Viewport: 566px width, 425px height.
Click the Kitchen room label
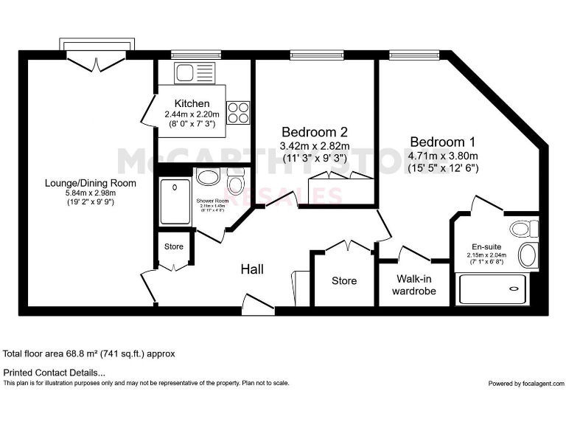click(x=192, y=103)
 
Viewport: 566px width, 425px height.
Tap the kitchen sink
click(x=183, y=73)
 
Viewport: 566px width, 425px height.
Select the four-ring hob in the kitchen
click(x=239, y=112)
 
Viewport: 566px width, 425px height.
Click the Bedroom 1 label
click(x=443, y=142)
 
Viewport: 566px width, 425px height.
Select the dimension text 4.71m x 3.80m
click(x=443, y=155)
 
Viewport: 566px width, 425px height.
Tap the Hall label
click(x=253, y=269)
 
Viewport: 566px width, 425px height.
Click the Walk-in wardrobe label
click(x=413, y=285)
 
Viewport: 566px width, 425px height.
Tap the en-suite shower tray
click(x=492, y=288)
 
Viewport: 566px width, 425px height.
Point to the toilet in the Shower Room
click(x=236, y=180)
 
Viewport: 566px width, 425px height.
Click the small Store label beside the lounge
click(x=174, y=246)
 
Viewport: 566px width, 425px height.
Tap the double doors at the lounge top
click(x=98, y=61)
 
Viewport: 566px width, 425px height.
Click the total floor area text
click(x=89, y=353)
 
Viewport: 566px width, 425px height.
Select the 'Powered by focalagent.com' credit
click(x=526, y=384)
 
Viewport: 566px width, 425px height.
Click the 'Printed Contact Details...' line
click(x=55, y=373)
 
